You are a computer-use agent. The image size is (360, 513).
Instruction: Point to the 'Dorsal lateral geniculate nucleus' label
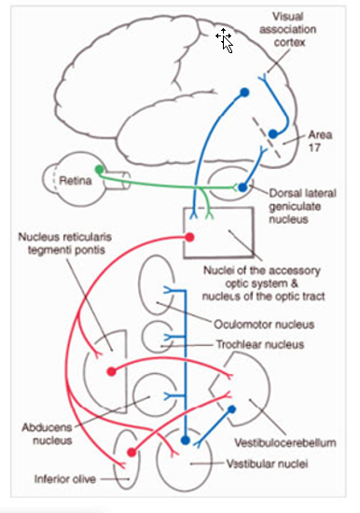(304, 201)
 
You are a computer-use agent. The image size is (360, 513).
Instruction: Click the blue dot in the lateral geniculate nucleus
(242, 187)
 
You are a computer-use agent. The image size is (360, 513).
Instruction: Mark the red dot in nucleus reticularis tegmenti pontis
(113, 371)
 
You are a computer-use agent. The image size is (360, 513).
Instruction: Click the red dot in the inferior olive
(129, 451)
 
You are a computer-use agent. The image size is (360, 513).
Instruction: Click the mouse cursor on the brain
(224, 38)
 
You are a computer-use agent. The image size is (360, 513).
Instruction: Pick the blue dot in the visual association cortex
(244, 92)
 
